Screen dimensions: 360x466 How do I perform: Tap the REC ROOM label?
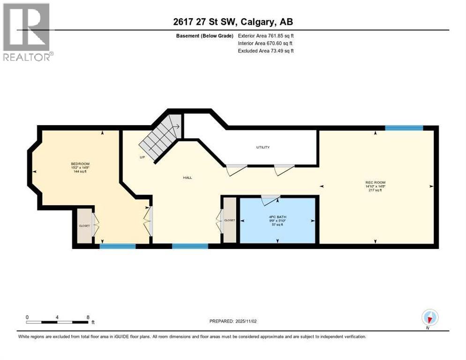[x=375, y=182]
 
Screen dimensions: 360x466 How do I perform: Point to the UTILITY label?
[x=263, y=147]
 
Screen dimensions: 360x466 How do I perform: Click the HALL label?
[x=188, y=177]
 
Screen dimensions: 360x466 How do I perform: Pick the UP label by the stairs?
[x=142, y=157]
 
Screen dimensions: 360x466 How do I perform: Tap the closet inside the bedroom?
[x=84, y=226]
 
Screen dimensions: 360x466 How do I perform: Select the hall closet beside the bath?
[x=229, y=220]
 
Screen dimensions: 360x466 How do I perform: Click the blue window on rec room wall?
[x=404, y=127]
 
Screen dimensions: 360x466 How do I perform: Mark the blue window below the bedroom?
[x=117, y=246]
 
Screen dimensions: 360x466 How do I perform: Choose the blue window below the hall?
[x=190, y=246]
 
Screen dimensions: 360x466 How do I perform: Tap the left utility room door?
[x=236, y=170]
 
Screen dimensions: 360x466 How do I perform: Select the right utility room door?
[x=284, y=170]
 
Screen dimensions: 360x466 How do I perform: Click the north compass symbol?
[x=429, y=317]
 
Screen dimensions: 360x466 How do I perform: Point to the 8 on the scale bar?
[x=88, y=317]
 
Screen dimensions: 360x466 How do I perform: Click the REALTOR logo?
[x=28, y=32]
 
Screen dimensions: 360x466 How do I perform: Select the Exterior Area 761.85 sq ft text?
[x=266, y=36]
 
